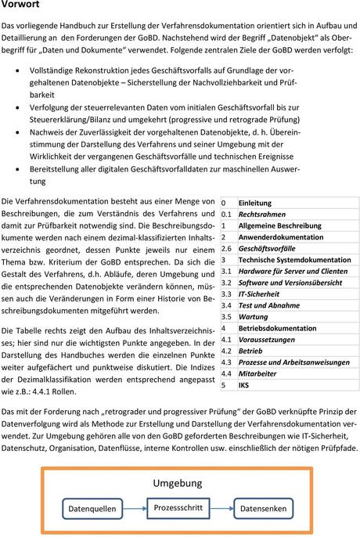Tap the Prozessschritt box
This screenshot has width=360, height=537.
tap(178, 507)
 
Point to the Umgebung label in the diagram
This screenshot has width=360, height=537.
tap(178, 481)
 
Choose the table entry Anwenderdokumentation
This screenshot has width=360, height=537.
tap(280, 236)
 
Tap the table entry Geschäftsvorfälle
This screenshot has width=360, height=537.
tap(265, 248)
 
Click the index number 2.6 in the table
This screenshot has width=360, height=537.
tap(227, 248)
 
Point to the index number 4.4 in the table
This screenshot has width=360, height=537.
tap(227, 374)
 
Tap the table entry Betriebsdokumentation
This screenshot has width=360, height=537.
tap(277, 329)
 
